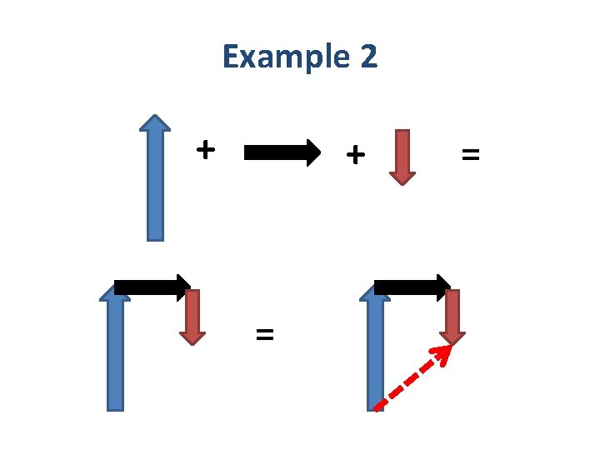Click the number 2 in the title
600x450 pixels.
coord(367,57)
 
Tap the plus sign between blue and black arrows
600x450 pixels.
coord(205,150)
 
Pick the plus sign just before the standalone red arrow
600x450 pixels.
coord(355,153)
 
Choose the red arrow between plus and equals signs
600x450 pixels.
coord(402,154)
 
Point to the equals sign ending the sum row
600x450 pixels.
coord(471,154)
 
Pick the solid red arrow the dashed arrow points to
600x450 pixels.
coord(452,317)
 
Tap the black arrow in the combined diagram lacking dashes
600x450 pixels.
coord(150,287)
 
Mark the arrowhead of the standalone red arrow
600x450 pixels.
coord(402,175)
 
